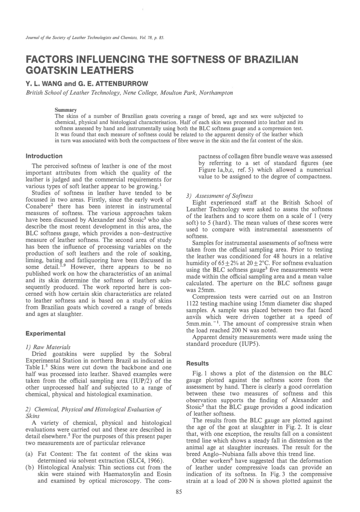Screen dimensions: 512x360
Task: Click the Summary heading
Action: point(66,110)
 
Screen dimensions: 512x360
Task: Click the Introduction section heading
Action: point(44,156)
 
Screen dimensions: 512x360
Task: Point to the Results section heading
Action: point(197,364)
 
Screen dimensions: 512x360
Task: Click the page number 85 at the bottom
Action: point(179,492)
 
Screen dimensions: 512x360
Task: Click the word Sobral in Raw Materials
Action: point(163,354)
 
